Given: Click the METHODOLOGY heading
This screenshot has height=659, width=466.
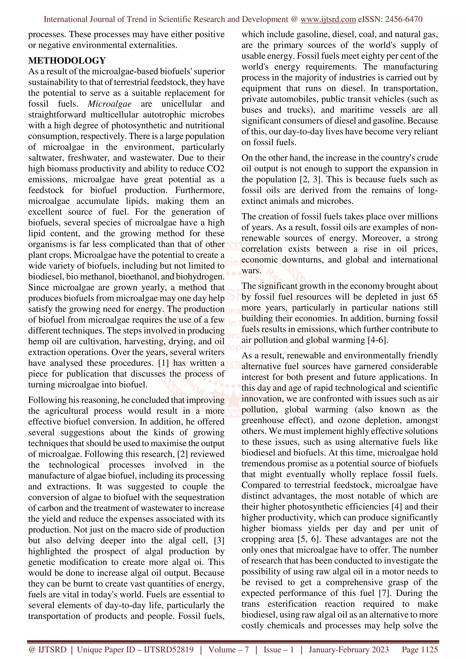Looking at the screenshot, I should pos(67,60).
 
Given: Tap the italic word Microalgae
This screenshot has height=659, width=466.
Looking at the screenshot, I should pos(109,104).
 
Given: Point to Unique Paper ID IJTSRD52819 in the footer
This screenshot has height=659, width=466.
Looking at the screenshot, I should pos(135,649).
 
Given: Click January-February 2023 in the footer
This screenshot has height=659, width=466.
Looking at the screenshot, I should pos(349,649).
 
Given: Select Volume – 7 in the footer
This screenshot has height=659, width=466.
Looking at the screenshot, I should pos(228,649).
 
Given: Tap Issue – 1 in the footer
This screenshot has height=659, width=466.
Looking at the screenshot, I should pos(279,649).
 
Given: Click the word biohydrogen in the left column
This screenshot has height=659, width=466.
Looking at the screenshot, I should pos(200,277).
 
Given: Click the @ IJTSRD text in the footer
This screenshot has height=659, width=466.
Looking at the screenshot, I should pos(48,649).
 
